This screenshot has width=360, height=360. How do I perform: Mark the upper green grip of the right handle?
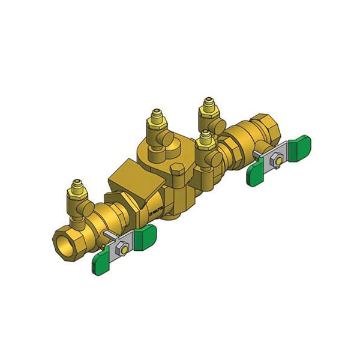[300, 146]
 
